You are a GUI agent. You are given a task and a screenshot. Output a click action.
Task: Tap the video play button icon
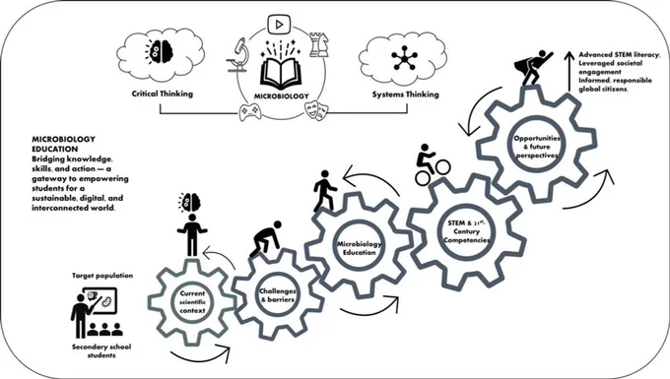click(x=279, y=25)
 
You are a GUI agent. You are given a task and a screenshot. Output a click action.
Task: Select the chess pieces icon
click(x=319, y=43)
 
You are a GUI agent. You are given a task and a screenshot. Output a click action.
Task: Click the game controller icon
click(x=250, y=112)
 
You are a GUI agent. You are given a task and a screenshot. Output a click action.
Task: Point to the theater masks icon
click(x=316, y=110)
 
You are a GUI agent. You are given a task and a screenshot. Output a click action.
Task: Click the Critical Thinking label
click(x=163, y=94)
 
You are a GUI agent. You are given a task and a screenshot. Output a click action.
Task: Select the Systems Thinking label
click(x=406, y=95)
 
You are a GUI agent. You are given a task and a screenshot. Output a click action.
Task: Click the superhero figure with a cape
click(x=532, y=68)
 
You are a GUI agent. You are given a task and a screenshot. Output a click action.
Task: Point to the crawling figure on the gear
click(x=266, y=239)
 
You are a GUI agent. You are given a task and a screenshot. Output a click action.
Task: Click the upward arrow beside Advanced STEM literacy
click(x=569, y=71)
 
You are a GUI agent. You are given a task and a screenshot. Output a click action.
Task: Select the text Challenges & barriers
click(x=278, y=295)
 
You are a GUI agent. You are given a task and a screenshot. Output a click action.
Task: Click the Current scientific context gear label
click(x=192, y=302)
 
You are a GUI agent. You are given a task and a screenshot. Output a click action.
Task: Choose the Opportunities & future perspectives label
click(x=537, y=147)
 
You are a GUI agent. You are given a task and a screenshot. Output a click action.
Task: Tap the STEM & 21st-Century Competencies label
click(x=466, y=231)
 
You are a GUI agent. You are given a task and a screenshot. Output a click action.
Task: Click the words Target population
click(x=102, y=276)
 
